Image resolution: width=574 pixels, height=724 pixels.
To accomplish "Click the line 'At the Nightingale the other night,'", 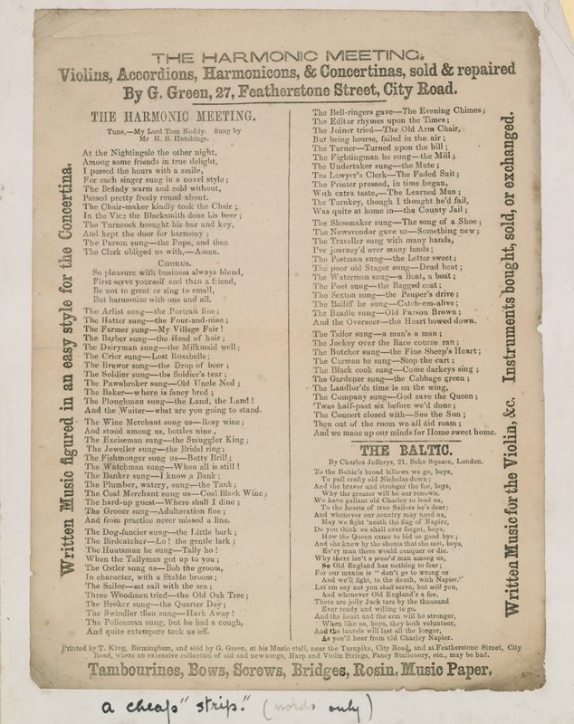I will pos(152,153).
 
